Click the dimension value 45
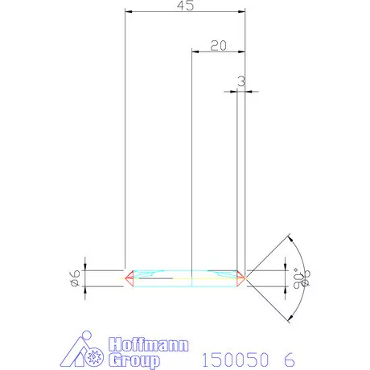click(x=185, y=6)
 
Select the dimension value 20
click(x=217, y=45)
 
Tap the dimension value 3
click(x=240, y=81)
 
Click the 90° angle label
click(x=302, y=278)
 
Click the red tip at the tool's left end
click(x=128, y=278)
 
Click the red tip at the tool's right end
click(x=240, y=278)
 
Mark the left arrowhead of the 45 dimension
click(x=129, y=12)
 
